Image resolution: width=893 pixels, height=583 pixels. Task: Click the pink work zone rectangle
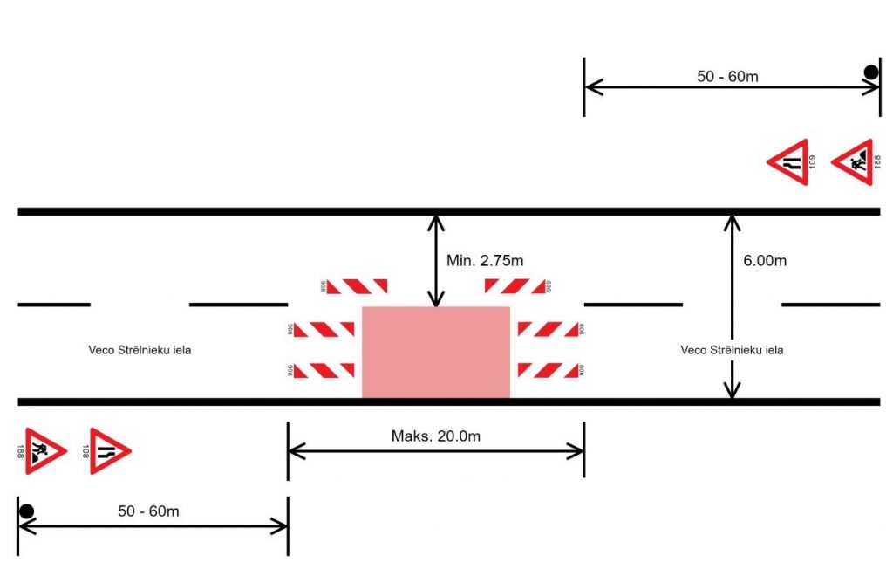coord(435,352)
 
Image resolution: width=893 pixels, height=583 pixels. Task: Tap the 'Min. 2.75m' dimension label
coord(485,259)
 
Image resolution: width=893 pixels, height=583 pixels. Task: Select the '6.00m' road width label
coord(764,260)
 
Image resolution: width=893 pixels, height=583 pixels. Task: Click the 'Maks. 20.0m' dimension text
coord(435,436)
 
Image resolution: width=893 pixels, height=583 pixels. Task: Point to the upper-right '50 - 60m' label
coord(727,76)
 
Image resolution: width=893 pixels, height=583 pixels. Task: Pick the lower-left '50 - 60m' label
coord(148,511)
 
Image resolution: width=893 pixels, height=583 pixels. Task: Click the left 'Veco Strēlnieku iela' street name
coord(140,350)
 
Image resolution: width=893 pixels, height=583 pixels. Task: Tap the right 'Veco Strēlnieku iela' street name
coord(732,350)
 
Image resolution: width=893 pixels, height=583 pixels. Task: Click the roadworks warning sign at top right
coord(852,161)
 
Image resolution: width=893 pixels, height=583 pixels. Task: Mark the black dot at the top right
coord(870,72)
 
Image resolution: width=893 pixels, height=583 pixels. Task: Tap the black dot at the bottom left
coord(27,511)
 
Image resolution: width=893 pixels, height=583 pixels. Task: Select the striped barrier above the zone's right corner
coord(515,285)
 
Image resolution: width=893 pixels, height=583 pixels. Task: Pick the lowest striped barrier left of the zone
coord(324,370)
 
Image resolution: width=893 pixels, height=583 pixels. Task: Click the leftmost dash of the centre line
coord(54,305)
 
